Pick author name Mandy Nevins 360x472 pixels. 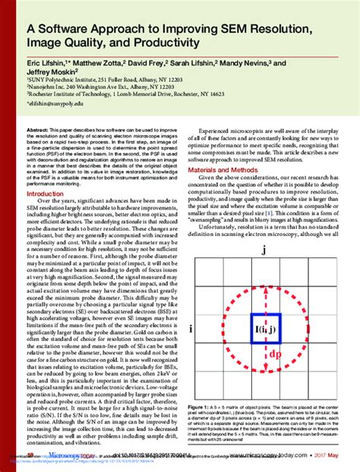[x=237, y=67]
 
